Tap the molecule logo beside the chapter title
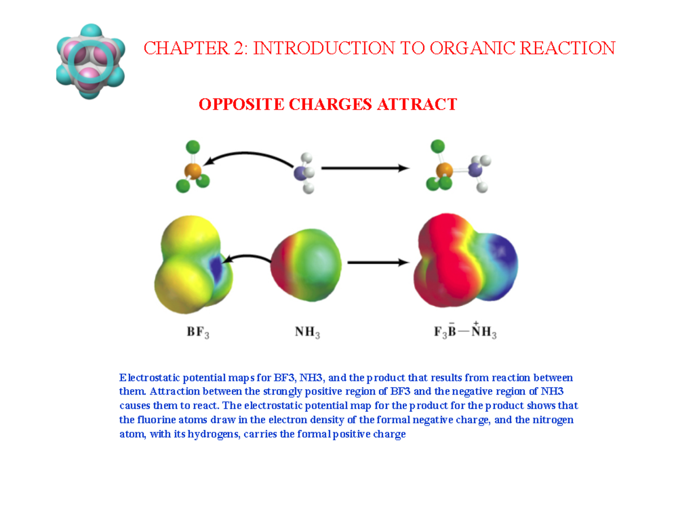tap(90, 60)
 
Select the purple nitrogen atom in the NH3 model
tap(301, 172)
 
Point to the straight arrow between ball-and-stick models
tap(364, 168)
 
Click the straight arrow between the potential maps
tap(377, 262)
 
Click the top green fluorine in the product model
tap(437, 147)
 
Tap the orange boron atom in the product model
tap(445, 170)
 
